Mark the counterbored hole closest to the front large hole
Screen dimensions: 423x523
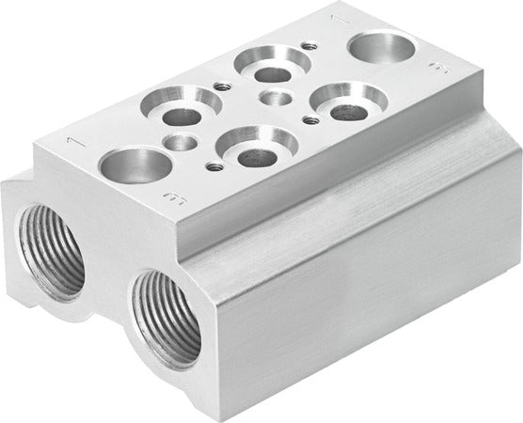181,110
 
